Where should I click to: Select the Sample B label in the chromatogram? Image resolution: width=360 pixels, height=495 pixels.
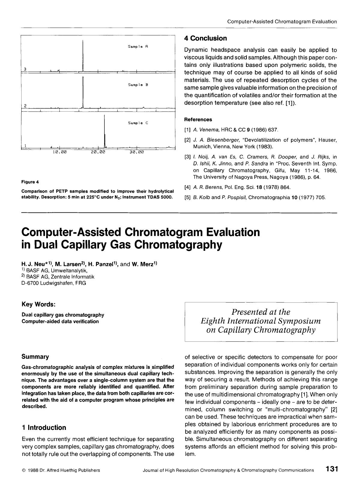click(138, 85)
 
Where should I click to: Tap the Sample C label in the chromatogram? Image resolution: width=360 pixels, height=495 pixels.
click(138, 123)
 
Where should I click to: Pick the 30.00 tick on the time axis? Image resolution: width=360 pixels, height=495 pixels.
click(137, 152)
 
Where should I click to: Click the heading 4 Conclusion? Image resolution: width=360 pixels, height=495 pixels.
click(205, 38)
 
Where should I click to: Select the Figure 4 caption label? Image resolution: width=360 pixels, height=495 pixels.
click(30, 182)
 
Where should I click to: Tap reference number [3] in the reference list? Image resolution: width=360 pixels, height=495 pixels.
click(187, 157)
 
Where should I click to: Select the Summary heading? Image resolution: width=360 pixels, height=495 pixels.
click(35, 357)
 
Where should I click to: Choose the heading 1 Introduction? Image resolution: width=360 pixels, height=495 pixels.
click(43, 427)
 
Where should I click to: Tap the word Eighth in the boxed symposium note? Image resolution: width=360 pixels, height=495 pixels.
click(213, 321)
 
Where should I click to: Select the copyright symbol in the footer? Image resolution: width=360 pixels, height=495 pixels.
click(23, 470)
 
